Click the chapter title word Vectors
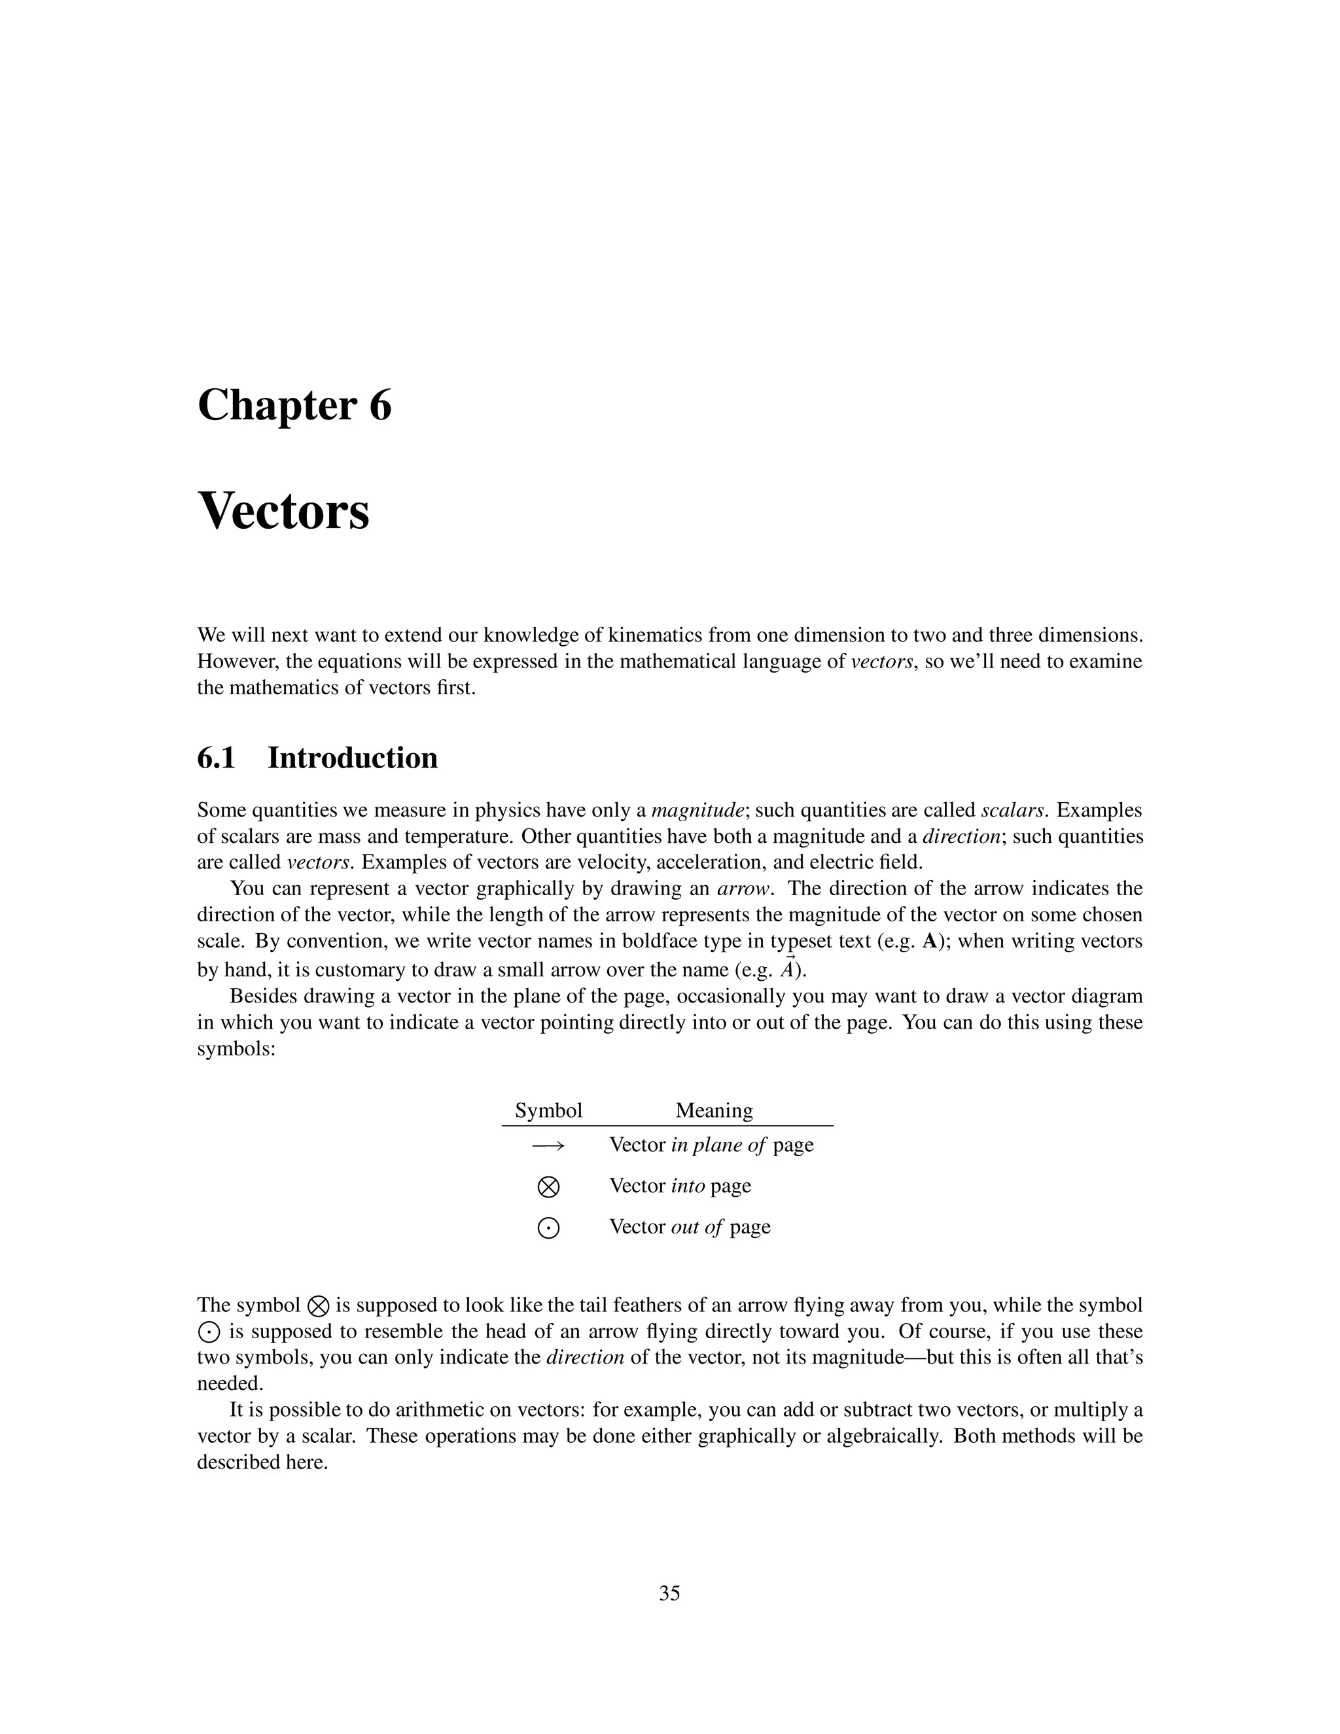283,512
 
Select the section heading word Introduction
353,758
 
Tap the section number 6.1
217,758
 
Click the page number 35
669,1593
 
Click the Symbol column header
548,1111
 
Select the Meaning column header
714,1111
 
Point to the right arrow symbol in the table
548,1146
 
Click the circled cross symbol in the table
548,1187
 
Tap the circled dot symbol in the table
548,1228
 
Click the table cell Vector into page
680,1186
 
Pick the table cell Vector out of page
690,1228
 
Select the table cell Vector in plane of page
711,1145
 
